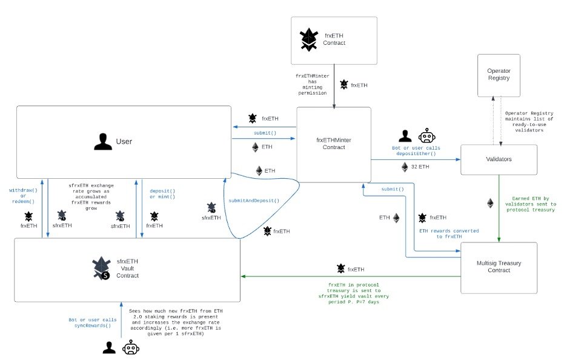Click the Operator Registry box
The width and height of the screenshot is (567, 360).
click(499, 75)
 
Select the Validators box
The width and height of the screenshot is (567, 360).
click(499, 159)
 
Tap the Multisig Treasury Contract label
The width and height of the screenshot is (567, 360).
click(499, 267)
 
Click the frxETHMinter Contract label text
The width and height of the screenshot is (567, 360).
click(334, 144)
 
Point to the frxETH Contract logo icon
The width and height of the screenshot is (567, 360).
click(309, 39)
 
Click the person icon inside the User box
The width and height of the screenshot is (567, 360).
click(103, 141)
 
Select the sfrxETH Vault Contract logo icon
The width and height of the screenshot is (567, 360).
click(101, 268)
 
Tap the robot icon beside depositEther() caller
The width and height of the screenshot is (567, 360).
click(426, 136)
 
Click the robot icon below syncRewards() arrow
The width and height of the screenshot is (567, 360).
click(130, 347)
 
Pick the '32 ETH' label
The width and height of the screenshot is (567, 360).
click(420, 167)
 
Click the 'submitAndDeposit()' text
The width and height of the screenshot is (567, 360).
click(254, 201)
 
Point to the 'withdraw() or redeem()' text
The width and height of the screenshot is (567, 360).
click(23, 196)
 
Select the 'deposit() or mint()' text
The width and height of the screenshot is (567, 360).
click(162, 194)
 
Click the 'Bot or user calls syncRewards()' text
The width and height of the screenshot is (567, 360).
click(93, 323)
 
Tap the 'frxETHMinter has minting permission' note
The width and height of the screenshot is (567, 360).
click(313, 85)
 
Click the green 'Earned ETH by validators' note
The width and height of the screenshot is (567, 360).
click(531, 204)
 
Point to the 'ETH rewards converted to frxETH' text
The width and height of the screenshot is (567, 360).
click(449, 234)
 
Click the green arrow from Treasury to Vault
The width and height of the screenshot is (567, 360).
click(351, 276)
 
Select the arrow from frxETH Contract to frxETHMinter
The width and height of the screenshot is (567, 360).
click(334, 87)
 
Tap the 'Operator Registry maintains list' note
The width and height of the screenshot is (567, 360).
click(529, 122)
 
